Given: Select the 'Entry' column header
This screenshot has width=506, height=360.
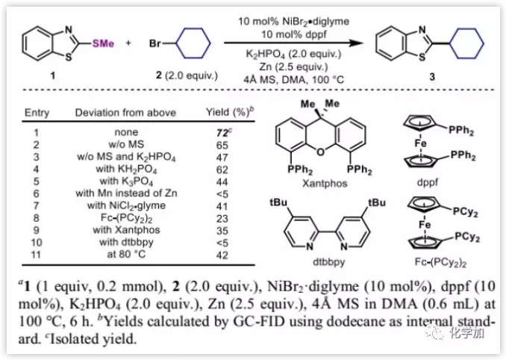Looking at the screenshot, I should pyautogui.click(x=37, y=113).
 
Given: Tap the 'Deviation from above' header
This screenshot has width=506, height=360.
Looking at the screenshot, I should pyautogui.click(x=125, y=113).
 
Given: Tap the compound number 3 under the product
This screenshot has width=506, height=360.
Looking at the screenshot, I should pyautogui.click(x=428, y=75).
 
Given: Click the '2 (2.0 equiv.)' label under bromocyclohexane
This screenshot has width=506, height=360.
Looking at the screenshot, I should pyautogui.click(x=187, y=75).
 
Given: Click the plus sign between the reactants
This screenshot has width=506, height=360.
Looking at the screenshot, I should pyautogui.click(x=128, y=43).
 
